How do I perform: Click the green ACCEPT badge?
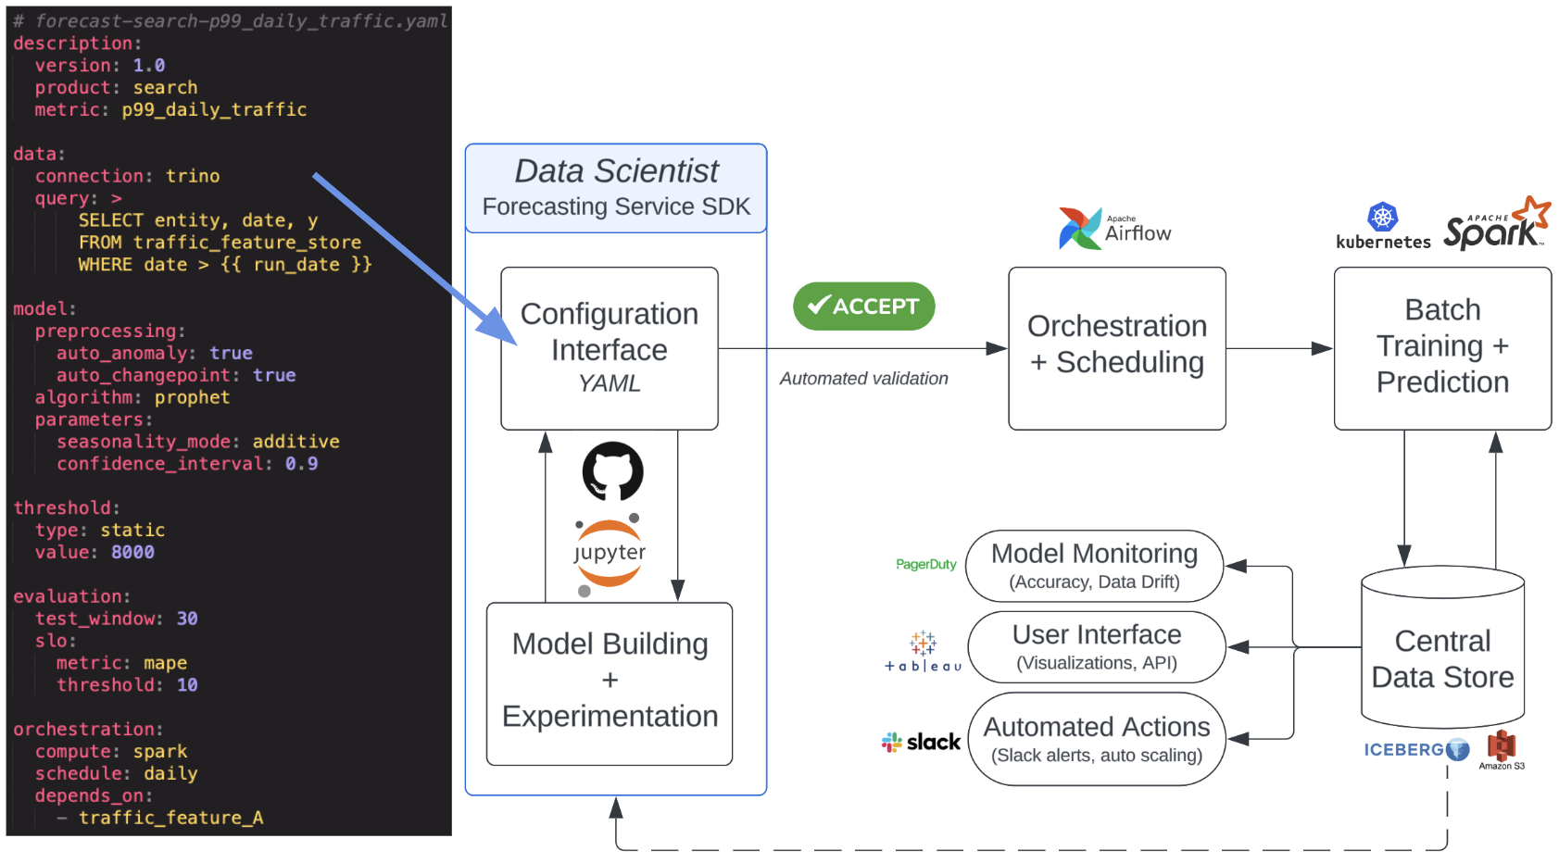(863, 306)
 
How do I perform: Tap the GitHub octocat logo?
(612, 470)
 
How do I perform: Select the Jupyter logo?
(609, 554)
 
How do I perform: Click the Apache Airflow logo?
(1114, 229)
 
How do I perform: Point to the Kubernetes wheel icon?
(1382, 218)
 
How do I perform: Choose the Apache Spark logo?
(1495, 224)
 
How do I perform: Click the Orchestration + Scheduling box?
(1116, 348)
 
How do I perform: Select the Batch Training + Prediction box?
(1441, 348)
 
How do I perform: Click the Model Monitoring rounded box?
(1094, 566)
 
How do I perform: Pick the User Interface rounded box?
(1096, 647)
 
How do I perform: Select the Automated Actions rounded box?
(1096, 739)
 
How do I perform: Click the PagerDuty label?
(925, 564)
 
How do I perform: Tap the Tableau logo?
(923, 652)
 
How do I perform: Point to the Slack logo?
(921, 742)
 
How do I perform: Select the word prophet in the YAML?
(192, 397)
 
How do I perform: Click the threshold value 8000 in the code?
(132, 552)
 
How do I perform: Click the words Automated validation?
(863, 378)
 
